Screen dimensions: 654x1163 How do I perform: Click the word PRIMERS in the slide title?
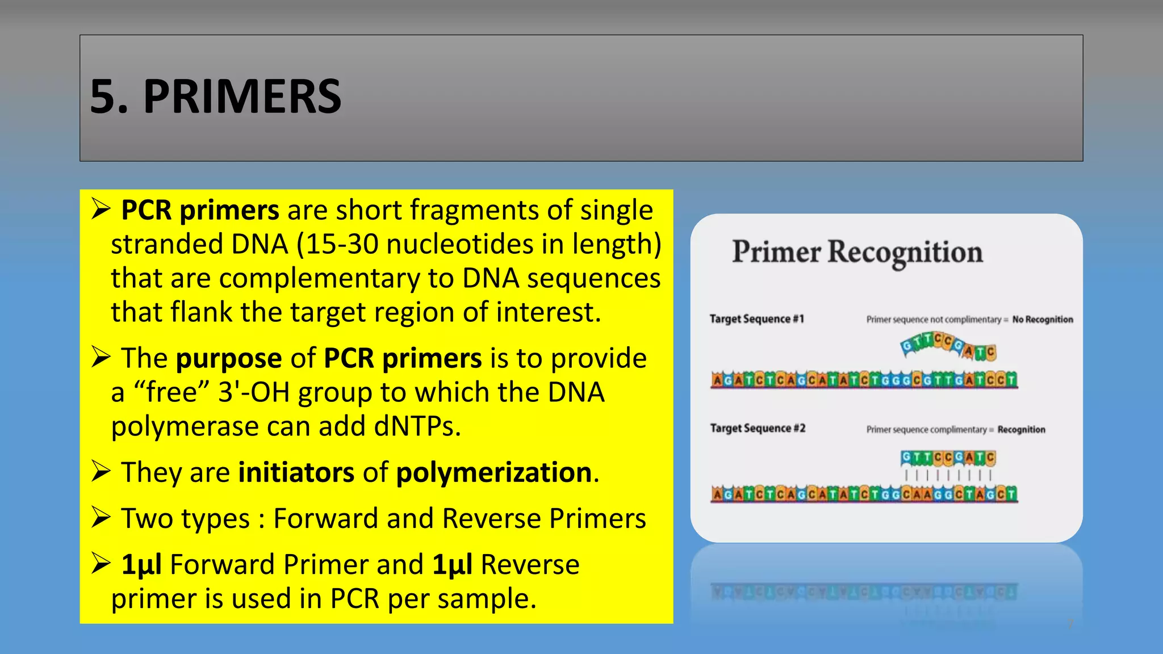tap(242, 97)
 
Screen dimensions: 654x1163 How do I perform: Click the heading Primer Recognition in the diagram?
tap(857, 252)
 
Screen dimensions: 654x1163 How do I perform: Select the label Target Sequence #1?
tap(756, 319)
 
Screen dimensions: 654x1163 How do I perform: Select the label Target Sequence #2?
tap(758, 429)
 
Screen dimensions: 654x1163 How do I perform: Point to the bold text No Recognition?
tap(1043, 320)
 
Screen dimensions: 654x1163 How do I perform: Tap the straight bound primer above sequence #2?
tap(948, 457)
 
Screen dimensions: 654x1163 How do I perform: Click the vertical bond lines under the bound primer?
tap(948, 475)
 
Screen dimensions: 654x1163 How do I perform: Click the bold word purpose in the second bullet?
tap(229, 359)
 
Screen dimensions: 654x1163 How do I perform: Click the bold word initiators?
tap(296, 473)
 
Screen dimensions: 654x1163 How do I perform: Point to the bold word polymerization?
tap(494, 473)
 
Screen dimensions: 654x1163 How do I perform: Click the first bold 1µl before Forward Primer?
tap(141, 565)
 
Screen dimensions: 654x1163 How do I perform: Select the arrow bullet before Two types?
tap(101, 518)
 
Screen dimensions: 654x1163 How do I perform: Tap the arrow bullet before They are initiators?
tap(101, 472)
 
